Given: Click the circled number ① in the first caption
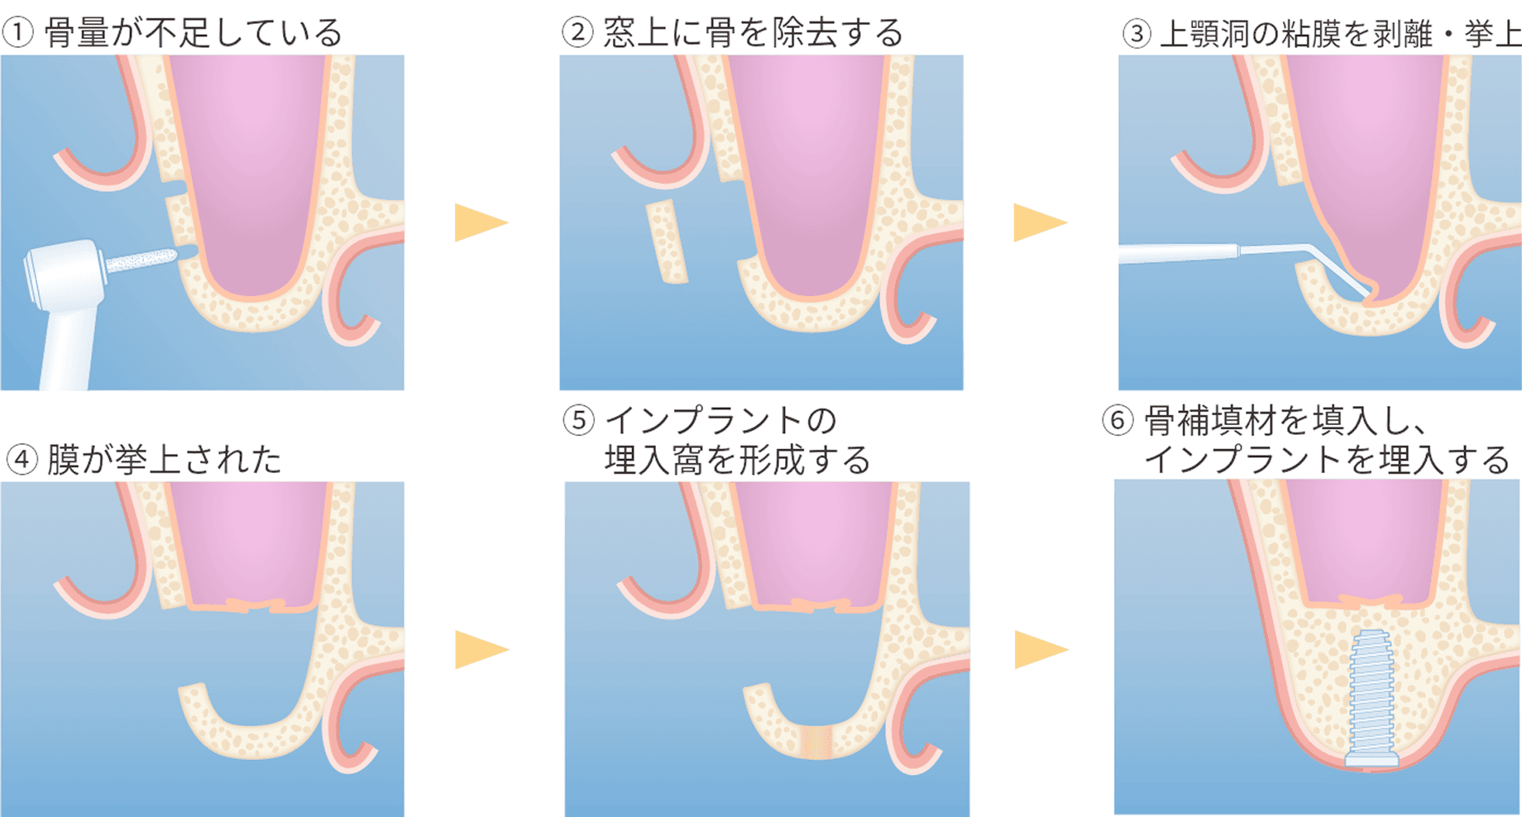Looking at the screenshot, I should click(17, 33).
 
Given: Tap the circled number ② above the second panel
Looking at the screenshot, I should click(577, 33).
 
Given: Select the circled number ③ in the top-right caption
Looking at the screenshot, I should click(1137, 34).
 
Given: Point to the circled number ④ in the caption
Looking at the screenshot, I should click(22, 460).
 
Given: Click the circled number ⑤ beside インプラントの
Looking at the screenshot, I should click(579, 420).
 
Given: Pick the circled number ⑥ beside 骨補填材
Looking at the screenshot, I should click(1117, 421).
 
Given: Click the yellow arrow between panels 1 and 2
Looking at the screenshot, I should click(479, 222).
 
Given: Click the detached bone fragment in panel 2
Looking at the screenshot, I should click(667, 241).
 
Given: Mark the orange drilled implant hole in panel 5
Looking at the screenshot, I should click(816, 742).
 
